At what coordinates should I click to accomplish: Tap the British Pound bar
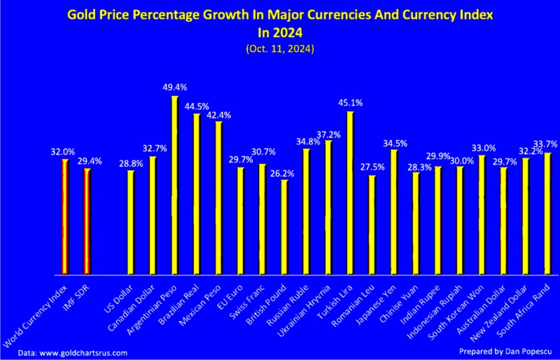coord(284,227)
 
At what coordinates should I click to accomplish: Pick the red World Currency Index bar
coord(65,216)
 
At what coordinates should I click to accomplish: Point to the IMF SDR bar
coord(87,221)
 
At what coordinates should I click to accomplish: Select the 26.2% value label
coord(284,172)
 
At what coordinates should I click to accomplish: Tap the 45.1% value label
coord(350,103)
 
